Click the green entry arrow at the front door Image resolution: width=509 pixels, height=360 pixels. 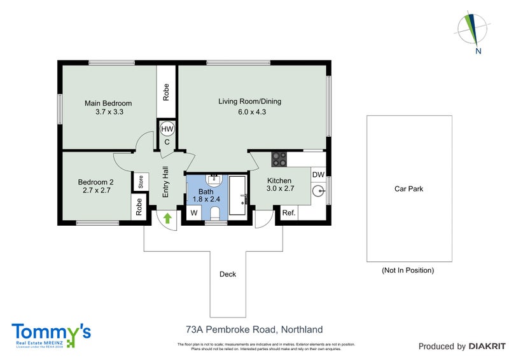click(168, 218)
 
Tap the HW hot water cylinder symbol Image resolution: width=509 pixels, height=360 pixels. click(167, 129)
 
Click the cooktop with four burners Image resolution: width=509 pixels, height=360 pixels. click(279, 158)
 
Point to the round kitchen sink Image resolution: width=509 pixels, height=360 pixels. click(318, 190)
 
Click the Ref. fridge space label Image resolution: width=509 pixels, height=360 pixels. click(288, 213)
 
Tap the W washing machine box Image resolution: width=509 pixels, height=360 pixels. click(192, 213)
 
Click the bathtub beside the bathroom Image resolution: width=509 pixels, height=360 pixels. click(239, 197)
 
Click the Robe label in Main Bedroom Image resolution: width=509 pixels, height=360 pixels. click(166, 93)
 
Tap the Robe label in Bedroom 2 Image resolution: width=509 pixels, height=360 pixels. click(138, 207)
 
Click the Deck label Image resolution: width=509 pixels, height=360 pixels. click(227, 275)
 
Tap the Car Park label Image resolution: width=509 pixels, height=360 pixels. click(408, 188)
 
